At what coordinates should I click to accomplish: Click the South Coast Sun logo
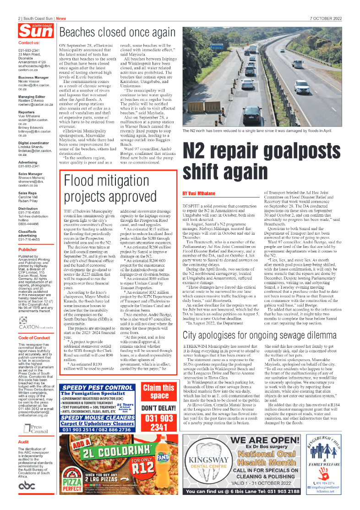pyautogui.click(x=35, y=31)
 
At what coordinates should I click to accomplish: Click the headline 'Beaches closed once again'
pyautogui.click(x=117, y=33)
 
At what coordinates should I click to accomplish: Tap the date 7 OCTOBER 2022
pyautogui.click(x=326, y=19)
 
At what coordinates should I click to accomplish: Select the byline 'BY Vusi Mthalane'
pyautogui.click(x=198, y=194)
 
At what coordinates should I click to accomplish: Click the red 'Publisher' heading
pyautogui.click(x=28, y=250)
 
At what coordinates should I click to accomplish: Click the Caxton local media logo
pyautogui.click(x=36, y=326)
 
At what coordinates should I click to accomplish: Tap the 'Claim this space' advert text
pyautogui.click(x=159, y=392)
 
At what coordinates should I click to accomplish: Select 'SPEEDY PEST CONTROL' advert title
pyautogui.click(x=97, y=388)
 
